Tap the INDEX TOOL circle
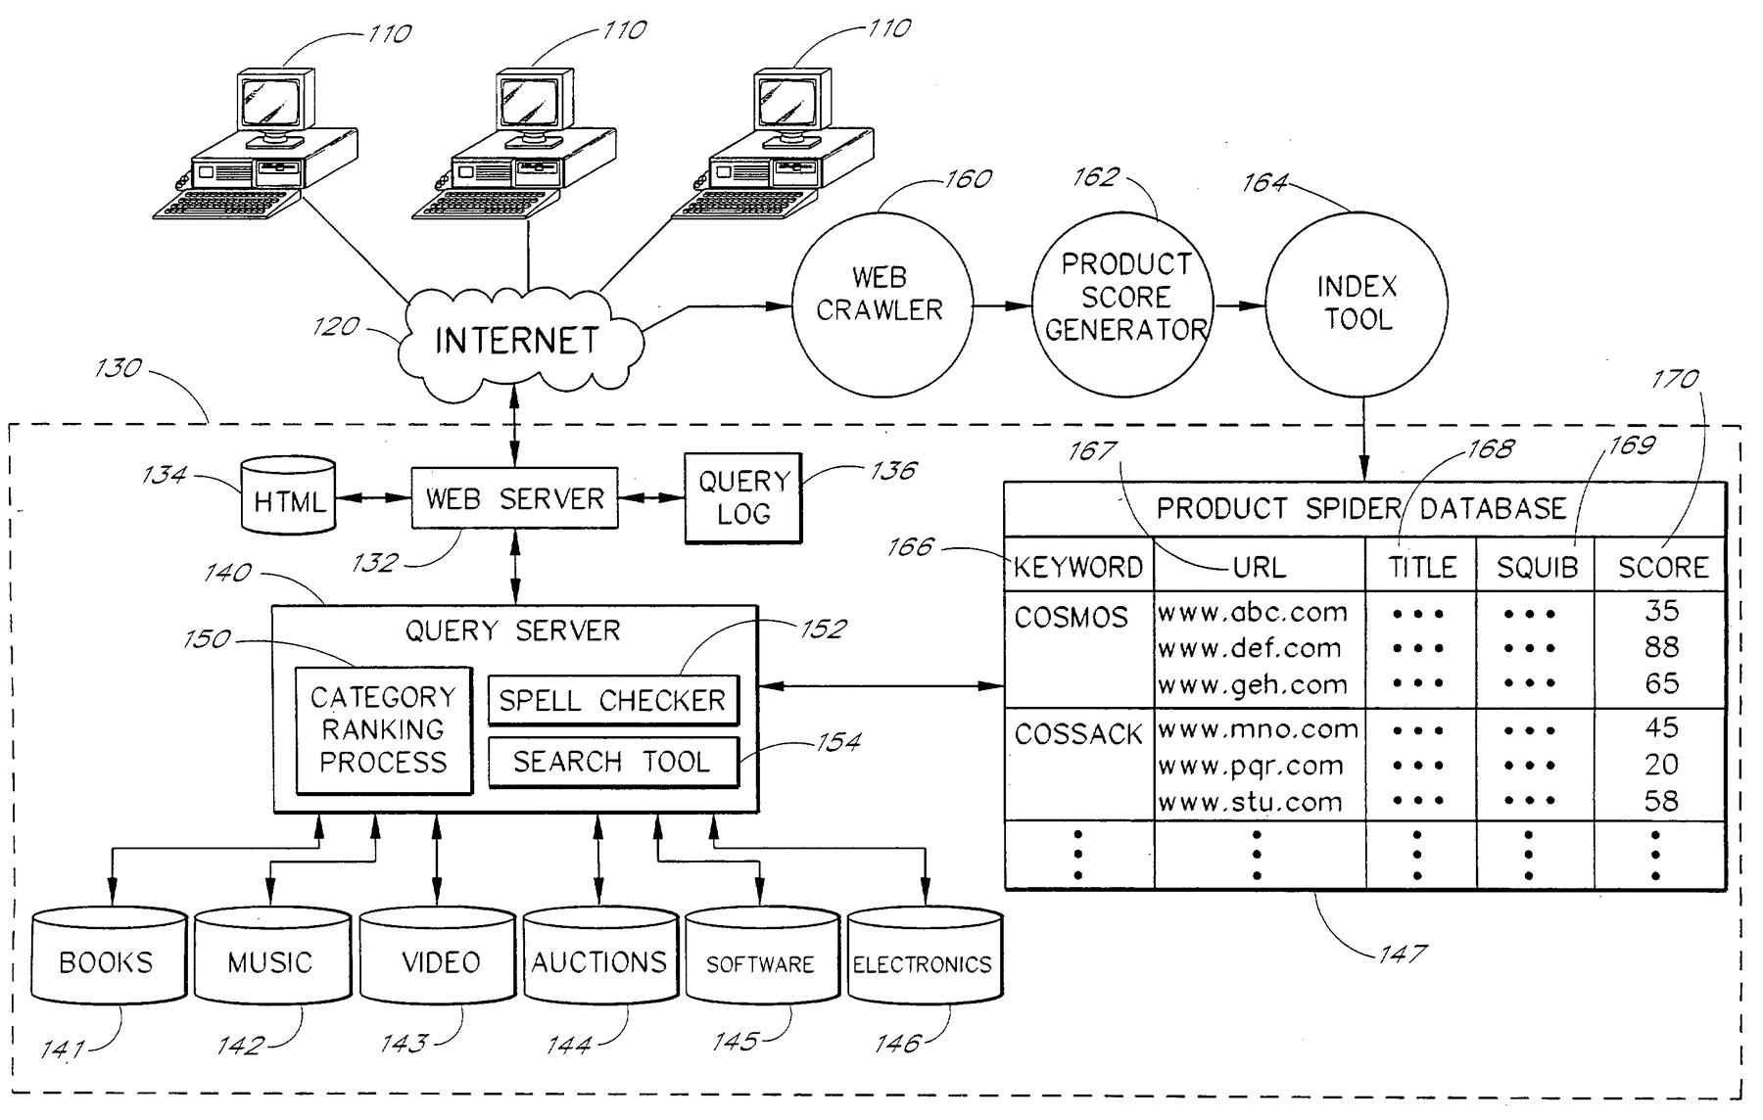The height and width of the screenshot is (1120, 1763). [x=1357, y=303]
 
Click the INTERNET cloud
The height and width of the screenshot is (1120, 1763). [x=518, y=342]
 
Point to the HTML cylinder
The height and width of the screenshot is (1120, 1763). [x=288, y=495]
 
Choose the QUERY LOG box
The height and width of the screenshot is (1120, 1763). [x=742, y=497]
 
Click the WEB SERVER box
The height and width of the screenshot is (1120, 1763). [x=514, y=499]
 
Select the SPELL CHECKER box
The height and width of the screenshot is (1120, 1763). [x=612, y=700]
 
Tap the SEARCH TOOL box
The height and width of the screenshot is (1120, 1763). [x=612, y=762]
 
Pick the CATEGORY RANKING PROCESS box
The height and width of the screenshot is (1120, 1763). [x=383, y=730]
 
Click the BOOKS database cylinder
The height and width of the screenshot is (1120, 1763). [x=108, y=957]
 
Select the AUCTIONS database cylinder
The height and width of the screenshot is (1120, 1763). [x=599, y=957]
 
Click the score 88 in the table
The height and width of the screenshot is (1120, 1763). [x=1661, y=647]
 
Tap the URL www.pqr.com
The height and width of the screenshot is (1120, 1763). [x=1251, y=766]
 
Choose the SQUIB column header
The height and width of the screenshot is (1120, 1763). [x=1536, y=568]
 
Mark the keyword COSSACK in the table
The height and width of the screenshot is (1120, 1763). [x=1077, y=734]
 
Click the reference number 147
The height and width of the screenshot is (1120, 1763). [x=1402, y=953]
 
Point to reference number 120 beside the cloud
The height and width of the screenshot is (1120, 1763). [x=336, y=326]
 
